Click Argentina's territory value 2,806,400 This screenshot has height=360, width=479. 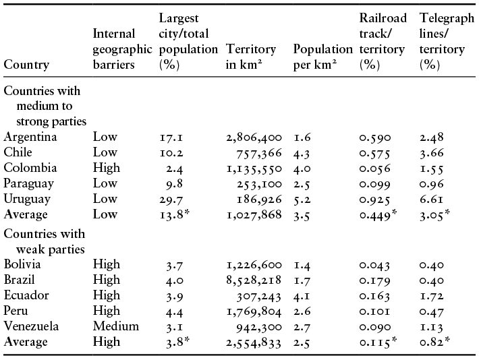254,138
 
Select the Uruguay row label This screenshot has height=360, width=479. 27,200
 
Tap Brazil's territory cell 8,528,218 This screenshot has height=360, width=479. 254,280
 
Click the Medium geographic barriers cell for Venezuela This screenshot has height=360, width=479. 116,326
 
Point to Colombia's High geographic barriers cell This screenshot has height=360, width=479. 107,169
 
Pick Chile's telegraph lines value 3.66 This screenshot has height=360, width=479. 431,153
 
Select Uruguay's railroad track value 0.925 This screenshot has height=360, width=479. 375,200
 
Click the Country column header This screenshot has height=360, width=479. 26,65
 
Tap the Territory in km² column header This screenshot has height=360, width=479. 251,57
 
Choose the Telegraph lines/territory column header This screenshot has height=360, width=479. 447,41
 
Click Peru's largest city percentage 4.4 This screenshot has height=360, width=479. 175,311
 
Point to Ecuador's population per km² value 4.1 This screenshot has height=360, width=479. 302,296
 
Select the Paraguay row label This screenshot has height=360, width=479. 29,184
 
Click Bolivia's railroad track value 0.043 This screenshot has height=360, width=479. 374,265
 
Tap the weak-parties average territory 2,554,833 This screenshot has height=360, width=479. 254,342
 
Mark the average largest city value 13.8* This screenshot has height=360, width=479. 175,214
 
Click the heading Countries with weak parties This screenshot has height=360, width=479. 45,241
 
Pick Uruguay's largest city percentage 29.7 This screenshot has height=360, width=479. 171,200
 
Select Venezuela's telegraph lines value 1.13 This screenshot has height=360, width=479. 431,327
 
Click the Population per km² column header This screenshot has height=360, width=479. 323,57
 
